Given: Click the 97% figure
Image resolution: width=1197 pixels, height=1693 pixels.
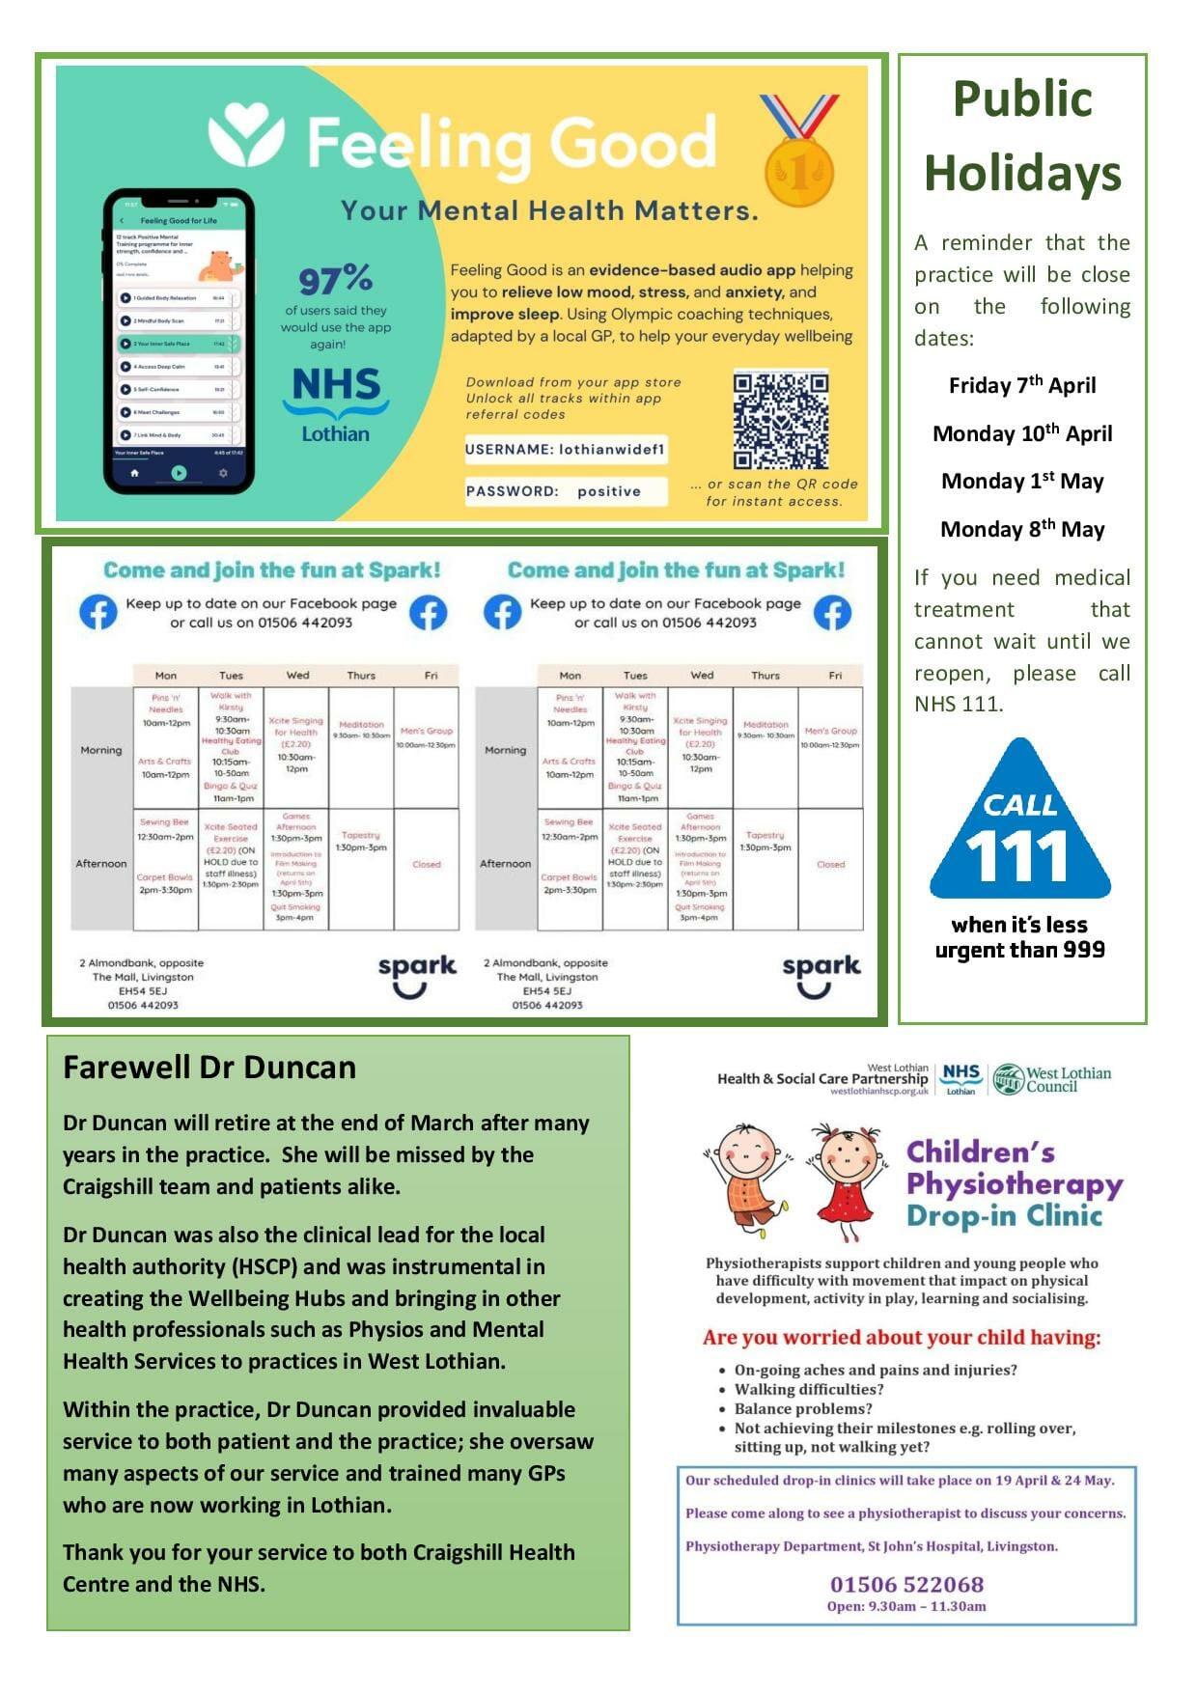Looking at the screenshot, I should point(335,280).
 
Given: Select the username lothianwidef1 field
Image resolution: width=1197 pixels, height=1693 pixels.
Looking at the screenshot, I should point(565,449).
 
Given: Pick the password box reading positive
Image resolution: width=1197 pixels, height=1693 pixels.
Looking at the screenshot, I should point(566,491).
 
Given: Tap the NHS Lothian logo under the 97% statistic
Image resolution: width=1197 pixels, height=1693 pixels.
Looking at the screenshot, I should point(336,404).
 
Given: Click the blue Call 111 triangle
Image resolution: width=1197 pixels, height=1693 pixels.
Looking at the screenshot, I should point(1019,823).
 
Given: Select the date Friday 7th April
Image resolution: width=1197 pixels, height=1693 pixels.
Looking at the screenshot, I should point(1022,386).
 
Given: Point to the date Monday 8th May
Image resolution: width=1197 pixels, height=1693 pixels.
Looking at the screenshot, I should point(1022,529).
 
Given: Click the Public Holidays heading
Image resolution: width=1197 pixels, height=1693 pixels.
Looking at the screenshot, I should point(1022,136).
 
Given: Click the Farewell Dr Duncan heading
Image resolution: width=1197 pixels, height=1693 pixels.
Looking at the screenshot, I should point(209,1068).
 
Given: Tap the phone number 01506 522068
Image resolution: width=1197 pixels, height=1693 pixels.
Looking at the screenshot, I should point(906,1584).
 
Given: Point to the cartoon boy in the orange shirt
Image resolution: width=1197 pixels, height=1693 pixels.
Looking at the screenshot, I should point(748,1178).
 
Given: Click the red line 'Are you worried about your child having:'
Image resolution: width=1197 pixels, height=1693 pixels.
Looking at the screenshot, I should point(902,1338).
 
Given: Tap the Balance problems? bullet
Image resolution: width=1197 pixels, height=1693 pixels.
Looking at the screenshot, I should point(802,1408).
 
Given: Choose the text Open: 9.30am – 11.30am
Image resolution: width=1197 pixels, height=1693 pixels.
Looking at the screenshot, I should point(906,1606).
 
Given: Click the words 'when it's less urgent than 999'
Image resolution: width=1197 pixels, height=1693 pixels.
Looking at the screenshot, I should point(1019,937).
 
